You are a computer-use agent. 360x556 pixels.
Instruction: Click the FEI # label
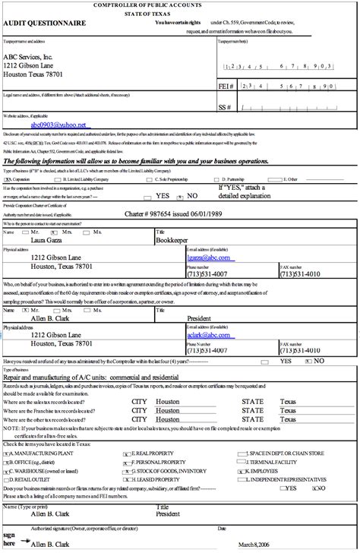(226, 87)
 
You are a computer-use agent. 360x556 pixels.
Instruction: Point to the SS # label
(226, 108)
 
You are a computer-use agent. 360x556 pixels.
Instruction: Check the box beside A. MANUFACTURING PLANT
(7, 453)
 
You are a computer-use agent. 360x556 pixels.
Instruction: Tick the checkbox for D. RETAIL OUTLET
(7, 480)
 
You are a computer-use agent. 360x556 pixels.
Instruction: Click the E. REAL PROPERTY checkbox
(125, 453)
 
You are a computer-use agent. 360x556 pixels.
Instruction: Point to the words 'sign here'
(10, 539)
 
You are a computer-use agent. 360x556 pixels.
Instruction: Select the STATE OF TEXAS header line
(179, 14)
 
